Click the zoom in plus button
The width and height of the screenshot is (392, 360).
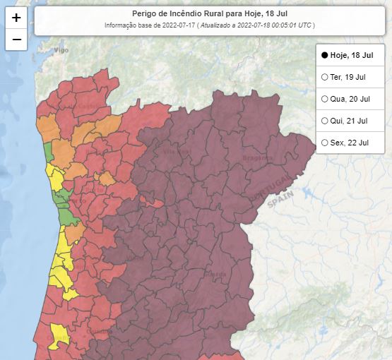(x=16, y=18)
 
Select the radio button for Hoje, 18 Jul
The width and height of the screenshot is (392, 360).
(x=324, y=54)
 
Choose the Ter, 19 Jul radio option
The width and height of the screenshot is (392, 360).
(x=324, y=76)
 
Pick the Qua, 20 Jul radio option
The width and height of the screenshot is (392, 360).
(x=324, y=99)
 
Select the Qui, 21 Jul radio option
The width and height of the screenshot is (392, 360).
(x=324, y=121)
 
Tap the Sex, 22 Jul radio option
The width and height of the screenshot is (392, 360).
(x=324, y=143)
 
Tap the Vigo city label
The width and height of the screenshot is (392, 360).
(x=62, y=51)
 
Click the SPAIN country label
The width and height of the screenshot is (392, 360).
(x=280, y=202)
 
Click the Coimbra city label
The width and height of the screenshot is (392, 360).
(x=100, y=330)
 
